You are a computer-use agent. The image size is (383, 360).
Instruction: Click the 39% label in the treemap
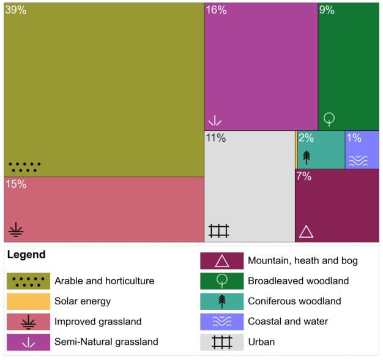click(x=16, y=10)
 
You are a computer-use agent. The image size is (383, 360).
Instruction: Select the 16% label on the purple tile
click(x=216, y=10)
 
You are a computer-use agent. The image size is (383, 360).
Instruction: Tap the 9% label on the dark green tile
click(x=327, y=10)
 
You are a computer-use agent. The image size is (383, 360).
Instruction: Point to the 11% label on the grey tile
click(x=215, y=138)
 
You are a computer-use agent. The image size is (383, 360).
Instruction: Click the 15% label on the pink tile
click(x=16, y=184)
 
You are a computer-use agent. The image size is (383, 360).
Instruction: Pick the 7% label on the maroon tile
click(x=304, y=177)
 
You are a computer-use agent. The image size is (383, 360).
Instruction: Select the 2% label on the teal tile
click(x=306, y=138)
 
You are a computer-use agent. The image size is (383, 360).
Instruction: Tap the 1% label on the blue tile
click(x=354, y=138)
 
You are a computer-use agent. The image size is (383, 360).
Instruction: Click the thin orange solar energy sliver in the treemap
click(x=296, y=150)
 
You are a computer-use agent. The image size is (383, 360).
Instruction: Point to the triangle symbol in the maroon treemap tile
click(x=306, y=232)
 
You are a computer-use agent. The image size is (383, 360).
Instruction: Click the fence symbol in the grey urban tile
click(x=218, y=231)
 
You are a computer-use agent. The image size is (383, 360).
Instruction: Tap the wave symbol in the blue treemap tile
click(x=358, y=160)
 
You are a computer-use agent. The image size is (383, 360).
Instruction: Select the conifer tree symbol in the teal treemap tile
click(x=307, y=156)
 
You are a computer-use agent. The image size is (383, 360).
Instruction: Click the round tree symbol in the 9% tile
click(x=329, y=119)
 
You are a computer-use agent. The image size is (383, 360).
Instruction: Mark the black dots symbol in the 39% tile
click(x=24, y=167)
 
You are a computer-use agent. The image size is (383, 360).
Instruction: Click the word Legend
click(x=26, y=254)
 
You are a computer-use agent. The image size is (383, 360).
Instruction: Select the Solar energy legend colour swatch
click(x=28, y=301)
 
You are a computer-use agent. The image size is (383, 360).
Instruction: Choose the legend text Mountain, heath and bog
click(x=302, y=260)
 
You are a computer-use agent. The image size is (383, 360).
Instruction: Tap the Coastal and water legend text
click(x=288, y=321)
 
